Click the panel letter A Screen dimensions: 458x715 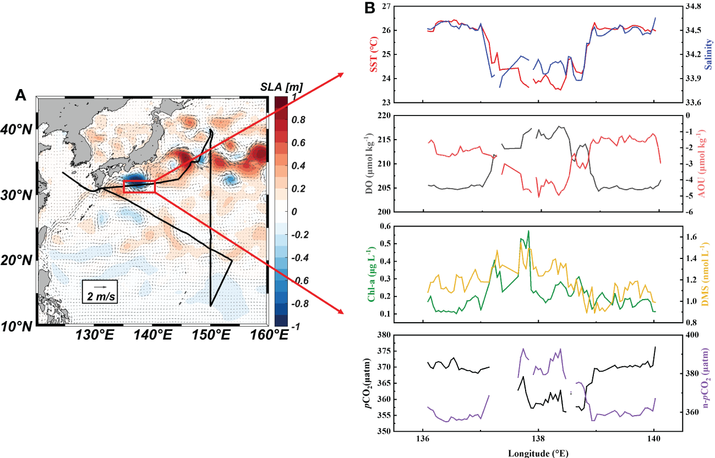(x=20, y=95)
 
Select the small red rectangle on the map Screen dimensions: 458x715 (x=139, y=186)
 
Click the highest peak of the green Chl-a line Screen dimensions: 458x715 (x=528, y=231)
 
